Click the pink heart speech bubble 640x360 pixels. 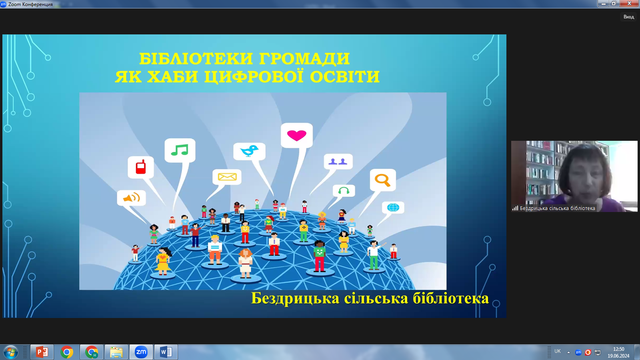point(296,135)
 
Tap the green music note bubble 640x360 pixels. point(180,150)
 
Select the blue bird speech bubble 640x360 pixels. point(250,151)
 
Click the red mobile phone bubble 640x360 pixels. point(140,167)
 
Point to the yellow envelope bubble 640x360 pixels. point(227,177)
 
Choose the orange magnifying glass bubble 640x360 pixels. point(383,180)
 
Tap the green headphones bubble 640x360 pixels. point(344,190)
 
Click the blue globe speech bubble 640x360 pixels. point(393,208)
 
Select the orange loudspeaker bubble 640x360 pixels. point(132,198)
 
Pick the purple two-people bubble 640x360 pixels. point(338,162)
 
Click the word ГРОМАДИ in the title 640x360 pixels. point(304,58)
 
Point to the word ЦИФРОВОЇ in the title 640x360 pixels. point(254,76)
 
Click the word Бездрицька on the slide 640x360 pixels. point(296,298)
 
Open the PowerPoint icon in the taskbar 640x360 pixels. point(42,352)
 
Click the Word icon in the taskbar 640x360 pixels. point(166,352)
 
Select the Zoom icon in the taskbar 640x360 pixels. point(141,352)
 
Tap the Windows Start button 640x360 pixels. point(10,352)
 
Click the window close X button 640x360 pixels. point(630,4)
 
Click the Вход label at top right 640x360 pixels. point(628,17)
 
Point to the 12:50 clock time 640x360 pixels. point(618,349)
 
